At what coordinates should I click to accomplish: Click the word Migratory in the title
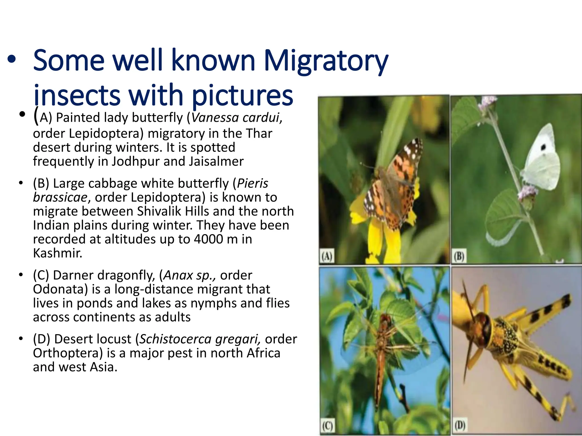click(326, 61)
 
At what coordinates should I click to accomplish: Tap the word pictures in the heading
click(242, 95)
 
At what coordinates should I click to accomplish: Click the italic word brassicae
click(60, 197)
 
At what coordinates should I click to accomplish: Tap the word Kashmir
click(57, 253)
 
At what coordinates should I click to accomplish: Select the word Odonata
click(60, 289)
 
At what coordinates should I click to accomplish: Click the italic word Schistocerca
click(175, 339)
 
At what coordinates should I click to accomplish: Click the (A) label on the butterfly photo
click(327, 257)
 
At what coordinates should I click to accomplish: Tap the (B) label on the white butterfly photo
click(459, 256)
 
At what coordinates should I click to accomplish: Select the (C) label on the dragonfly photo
click(327, 426)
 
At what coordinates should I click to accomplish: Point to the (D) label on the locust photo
click(460, 425)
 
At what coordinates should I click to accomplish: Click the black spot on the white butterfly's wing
click(543, 147)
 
